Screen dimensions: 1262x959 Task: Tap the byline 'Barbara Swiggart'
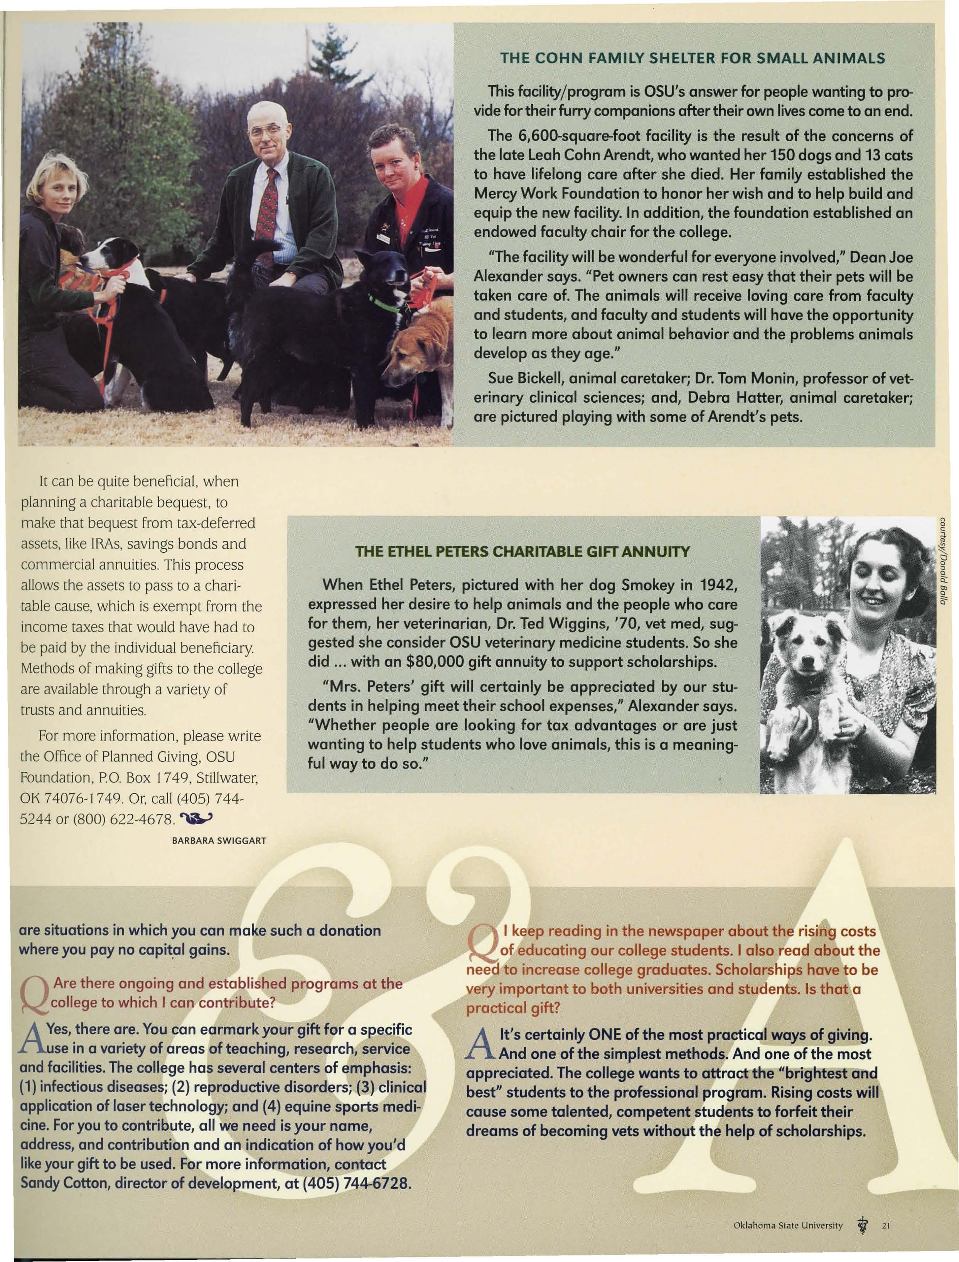tap(219, 840)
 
